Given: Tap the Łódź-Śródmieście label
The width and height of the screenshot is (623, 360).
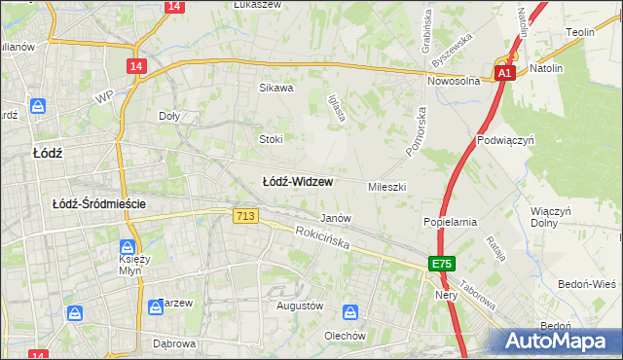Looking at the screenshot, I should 99,203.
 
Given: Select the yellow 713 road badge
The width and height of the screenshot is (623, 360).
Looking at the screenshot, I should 246,216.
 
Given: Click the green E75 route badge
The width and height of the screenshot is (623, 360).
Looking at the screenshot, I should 443,264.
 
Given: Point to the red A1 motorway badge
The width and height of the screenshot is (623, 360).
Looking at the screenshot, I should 503,74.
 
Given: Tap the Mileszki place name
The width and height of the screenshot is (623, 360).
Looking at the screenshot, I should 386,186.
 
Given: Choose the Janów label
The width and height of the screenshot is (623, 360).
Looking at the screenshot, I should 336,218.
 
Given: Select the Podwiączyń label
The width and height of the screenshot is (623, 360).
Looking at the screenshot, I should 507,140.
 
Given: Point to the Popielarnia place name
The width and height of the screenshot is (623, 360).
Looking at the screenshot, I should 450,222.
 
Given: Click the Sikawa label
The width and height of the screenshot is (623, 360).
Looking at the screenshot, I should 275,88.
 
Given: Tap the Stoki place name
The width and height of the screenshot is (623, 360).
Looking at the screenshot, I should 271,139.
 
